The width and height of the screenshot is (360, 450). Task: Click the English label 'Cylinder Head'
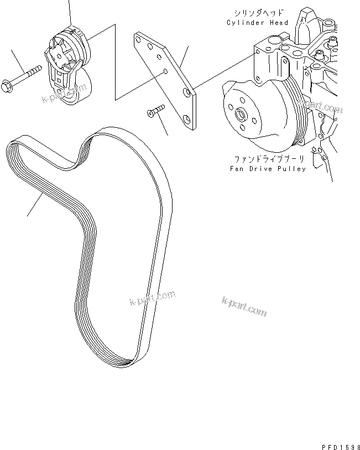pyautogui.click(x=257, y=23)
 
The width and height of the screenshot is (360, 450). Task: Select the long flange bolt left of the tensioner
pyautogui.click(x=28, y=77)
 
